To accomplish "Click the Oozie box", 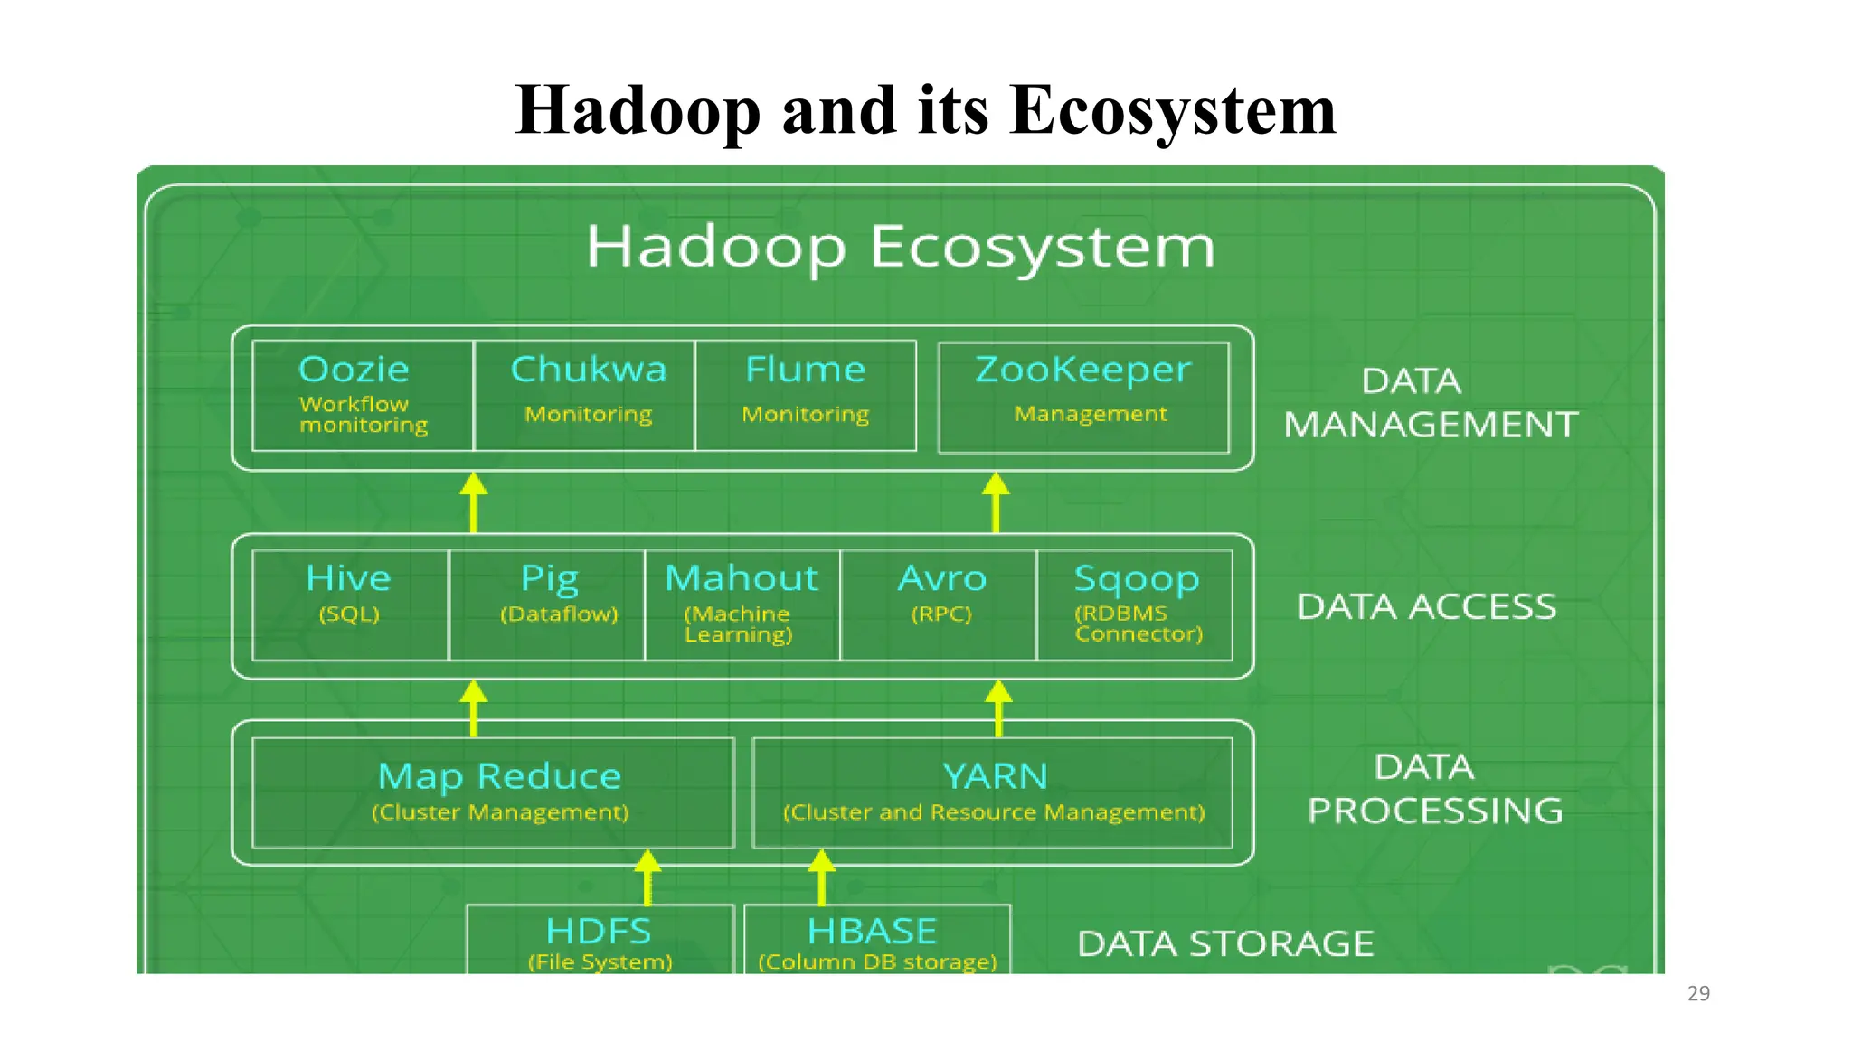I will point(362,395).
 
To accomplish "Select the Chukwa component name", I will point(588,370).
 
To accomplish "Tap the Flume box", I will point(805,395).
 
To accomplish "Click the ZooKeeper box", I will point(1083,397).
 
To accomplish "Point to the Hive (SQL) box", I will point(350,605).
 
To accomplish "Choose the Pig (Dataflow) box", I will point(548,605).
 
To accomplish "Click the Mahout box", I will point(742,605).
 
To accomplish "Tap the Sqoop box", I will point(1135,605).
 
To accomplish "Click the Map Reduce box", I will point(493,792).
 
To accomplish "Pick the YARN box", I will point(992,792).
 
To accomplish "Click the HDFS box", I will point(600,940).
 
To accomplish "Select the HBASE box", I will point(876,940).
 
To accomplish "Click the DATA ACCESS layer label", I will point(1426,606).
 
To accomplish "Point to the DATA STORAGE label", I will point(1225,943).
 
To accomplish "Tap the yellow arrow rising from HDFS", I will point(647,877).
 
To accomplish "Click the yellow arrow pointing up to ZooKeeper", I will point(996,502).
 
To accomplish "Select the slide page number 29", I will point(1698,993).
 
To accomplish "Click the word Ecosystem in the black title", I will point(1172,110).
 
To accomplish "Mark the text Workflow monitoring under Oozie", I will point(363,415).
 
